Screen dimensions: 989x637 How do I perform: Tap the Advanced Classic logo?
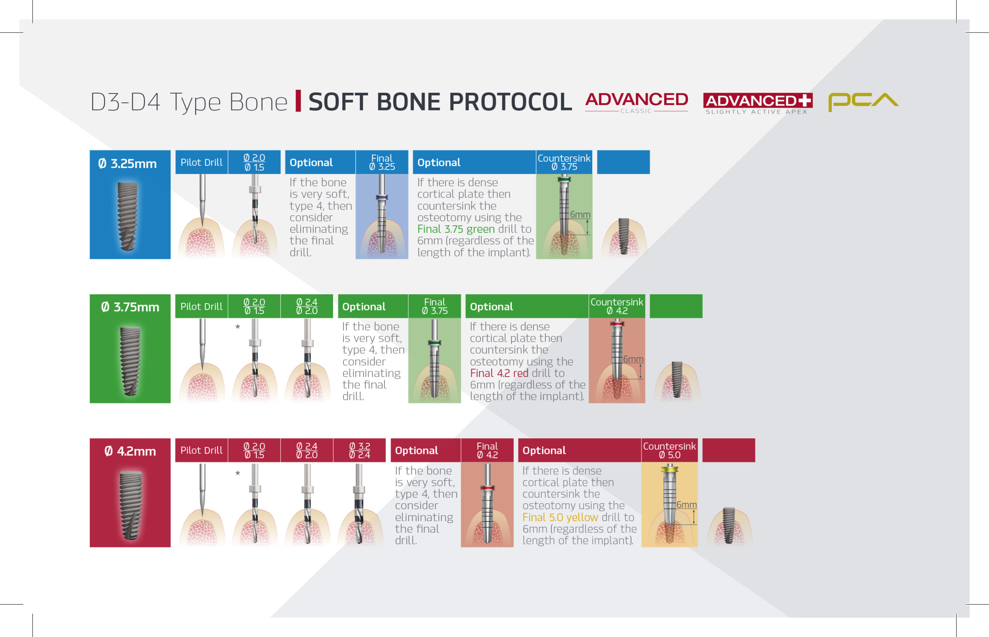pyautogui.click(x=637, y=102)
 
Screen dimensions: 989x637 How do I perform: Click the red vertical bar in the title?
pyautogui.click(x=298, y=101)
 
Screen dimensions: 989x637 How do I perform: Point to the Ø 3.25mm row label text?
pyautogui.click(x=127, y=163)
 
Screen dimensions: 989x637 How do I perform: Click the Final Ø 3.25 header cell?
pyautogui.click(x=382, y=162)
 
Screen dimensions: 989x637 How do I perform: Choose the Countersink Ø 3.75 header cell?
pyautogui.click(x=564, y=162)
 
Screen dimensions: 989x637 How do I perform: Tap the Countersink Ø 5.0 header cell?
pyautogui.click(x=669, y=450)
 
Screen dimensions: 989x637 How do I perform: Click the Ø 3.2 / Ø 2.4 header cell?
pyautogui.click(x=359, y=450)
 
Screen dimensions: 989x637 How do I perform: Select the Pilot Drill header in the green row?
pyautogui.click(x=201, y=306)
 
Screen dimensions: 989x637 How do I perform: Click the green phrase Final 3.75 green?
pyautogui.click(x=456, y=229)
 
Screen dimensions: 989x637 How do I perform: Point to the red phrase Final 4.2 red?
pyautogui.click(x=499, y=373)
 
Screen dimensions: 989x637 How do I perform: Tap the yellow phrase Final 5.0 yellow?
pyautogui.click(x=560, y=517)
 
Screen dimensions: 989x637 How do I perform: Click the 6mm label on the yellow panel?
pyautogui.click(x=687, y=505)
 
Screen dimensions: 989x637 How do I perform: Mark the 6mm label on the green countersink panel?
pyautogui.click(x=580, y=214)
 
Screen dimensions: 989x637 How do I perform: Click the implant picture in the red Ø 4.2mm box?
pyautogui.click(x=131, y=505)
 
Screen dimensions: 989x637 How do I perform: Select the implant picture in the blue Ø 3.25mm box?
pyautogui.click(x=127, y=216)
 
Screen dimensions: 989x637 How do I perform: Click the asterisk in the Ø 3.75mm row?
pyautogui.click(x=238, y=327)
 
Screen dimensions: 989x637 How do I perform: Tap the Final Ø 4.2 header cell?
pyautogui.click(x=487, y=450)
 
